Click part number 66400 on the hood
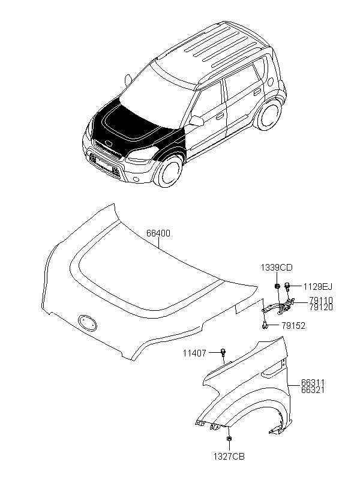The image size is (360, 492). [158, 233]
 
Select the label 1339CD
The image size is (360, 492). [277, 268]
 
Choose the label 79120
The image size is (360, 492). [321, 307]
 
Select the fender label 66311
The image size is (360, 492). [313, 382]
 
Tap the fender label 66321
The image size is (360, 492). [313, 389]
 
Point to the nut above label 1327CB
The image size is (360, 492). [230, 440]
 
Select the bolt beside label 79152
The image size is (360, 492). [265, 326]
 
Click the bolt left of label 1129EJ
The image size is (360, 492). [288, 285]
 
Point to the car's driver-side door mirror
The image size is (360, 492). [196, 121]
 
